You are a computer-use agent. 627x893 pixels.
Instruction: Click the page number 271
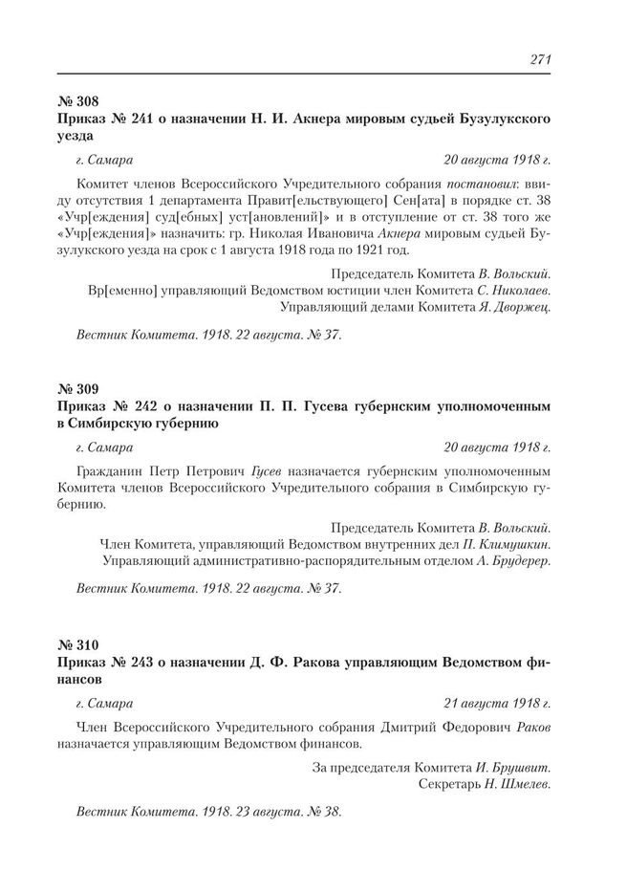tap(540, 59)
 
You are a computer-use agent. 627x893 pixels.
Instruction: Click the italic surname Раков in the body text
tap(531, 726)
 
